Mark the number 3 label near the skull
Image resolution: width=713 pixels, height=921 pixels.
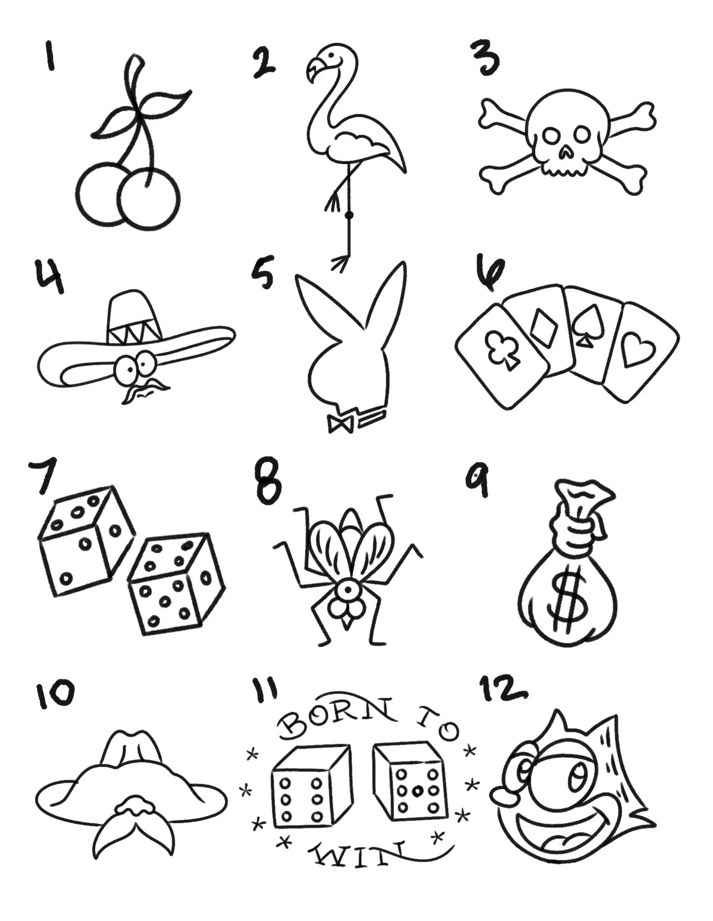(x=485, y=58)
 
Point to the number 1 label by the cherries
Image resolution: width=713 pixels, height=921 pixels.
(x=49, y=56)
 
